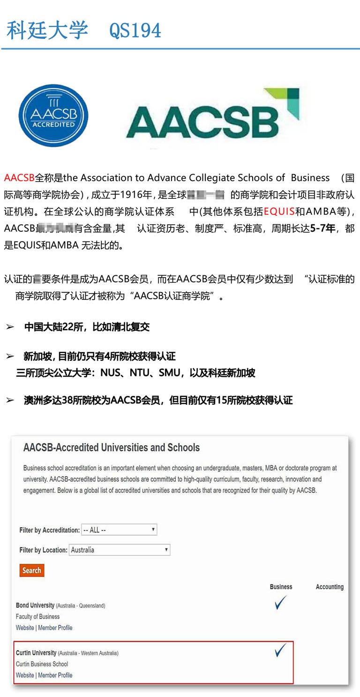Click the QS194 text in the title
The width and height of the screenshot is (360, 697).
135,30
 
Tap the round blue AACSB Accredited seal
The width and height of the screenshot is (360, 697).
53,115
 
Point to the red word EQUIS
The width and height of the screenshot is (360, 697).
279,211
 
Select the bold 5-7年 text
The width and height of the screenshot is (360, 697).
323,228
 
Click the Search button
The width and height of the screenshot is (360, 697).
32,570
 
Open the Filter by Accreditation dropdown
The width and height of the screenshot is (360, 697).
119,530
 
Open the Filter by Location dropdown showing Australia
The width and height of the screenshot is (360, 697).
120,550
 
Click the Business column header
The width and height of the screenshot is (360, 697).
281,587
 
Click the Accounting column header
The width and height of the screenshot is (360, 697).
330,587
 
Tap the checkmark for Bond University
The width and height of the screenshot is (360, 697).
280,603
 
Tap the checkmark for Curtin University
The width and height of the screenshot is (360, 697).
280,650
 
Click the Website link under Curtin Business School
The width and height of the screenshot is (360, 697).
25,675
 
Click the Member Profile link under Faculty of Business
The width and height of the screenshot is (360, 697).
55,628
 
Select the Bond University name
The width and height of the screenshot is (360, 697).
35,606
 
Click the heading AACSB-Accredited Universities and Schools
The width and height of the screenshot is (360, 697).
112,447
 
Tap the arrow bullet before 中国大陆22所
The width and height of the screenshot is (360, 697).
10,327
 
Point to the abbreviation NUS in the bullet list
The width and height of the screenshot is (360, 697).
110,373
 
